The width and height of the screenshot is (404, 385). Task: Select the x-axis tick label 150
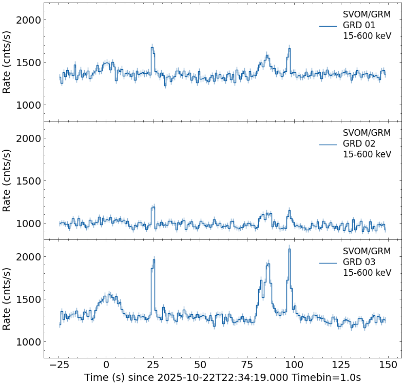point(388,364)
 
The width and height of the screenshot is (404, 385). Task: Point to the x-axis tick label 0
point(106,364)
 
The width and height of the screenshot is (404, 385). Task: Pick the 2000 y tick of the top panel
point(30,20)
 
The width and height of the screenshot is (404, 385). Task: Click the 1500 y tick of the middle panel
point(30,181)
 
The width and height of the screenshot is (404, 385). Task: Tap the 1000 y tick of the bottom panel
point(30,342)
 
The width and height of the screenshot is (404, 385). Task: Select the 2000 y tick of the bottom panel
point(30,257)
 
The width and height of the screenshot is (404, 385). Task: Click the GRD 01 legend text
point(359,25)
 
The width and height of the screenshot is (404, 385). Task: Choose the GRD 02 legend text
point(359,144)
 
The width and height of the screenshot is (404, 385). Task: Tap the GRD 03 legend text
point(359,262)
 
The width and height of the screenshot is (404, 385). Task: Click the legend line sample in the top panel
point(328,26)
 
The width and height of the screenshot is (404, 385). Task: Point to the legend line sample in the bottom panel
point(328,262)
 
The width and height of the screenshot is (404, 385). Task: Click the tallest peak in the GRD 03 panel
point(290,249)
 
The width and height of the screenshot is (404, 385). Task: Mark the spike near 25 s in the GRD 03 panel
point(153,260)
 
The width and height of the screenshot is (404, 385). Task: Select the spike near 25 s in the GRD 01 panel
point(152,48)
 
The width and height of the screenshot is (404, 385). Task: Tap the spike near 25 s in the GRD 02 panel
point(152,207)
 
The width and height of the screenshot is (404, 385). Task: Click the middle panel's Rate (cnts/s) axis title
point(7,180)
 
